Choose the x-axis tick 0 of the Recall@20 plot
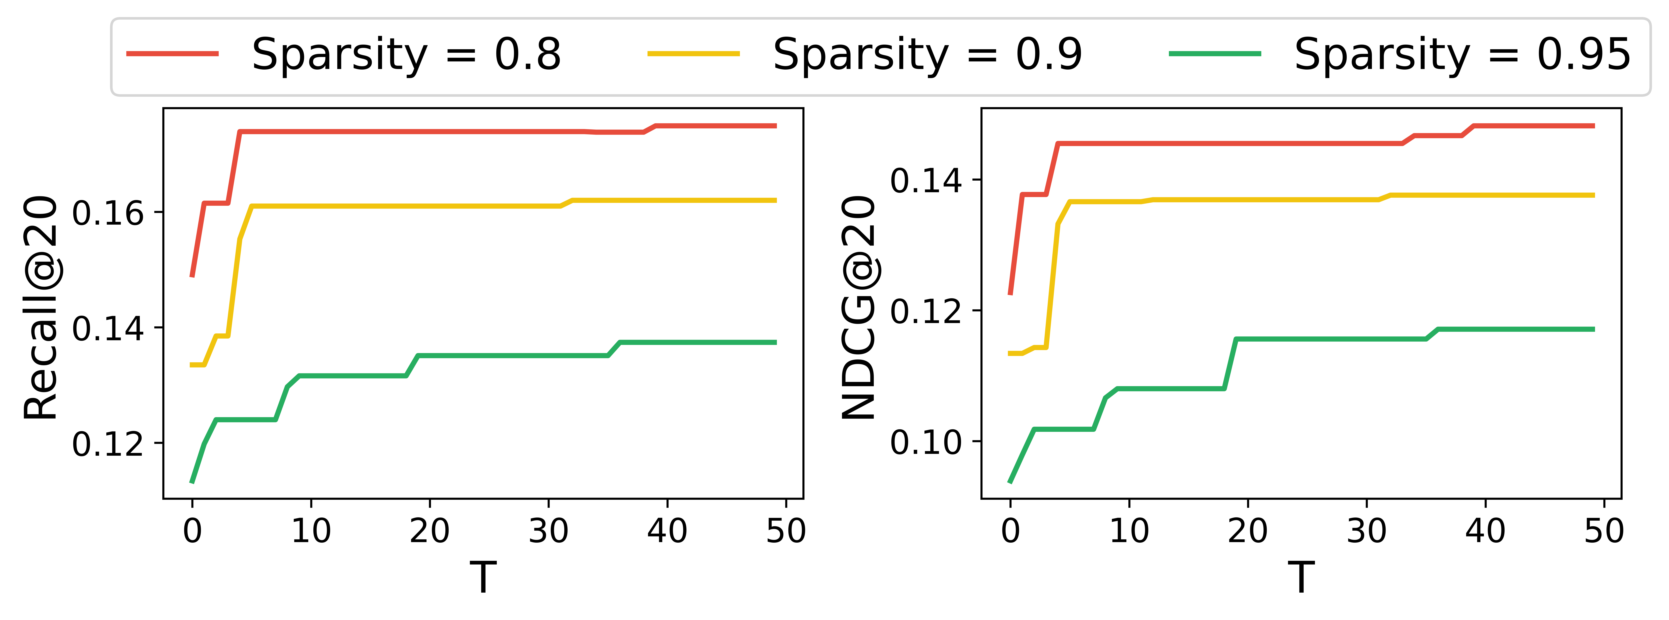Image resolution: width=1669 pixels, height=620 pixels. point(192,531)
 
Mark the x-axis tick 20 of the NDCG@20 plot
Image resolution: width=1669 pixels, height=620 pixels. point(1248,531)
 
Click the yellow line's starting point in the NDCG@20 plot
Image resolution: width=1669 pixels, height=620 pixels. point(1010,353)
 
